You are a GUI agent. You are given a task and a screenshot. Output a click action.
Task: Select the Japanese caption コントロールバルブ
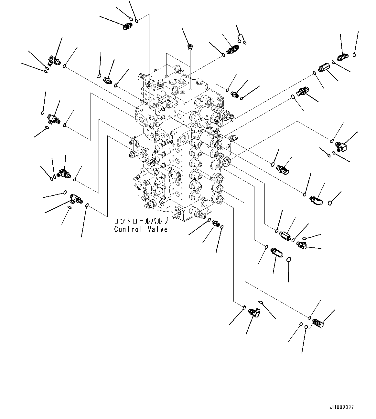click(x=141, y=222)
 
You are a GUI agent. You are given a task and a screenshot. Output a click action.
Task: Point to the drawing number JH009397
click(x=342, y=407)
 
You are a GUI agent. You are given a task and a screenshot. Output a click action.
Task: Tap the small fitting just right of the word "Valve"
click(x=215, y=223)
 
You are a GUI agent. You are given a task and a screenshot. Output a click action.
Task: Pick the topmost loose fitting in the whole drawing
click(x=127, y=26)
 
